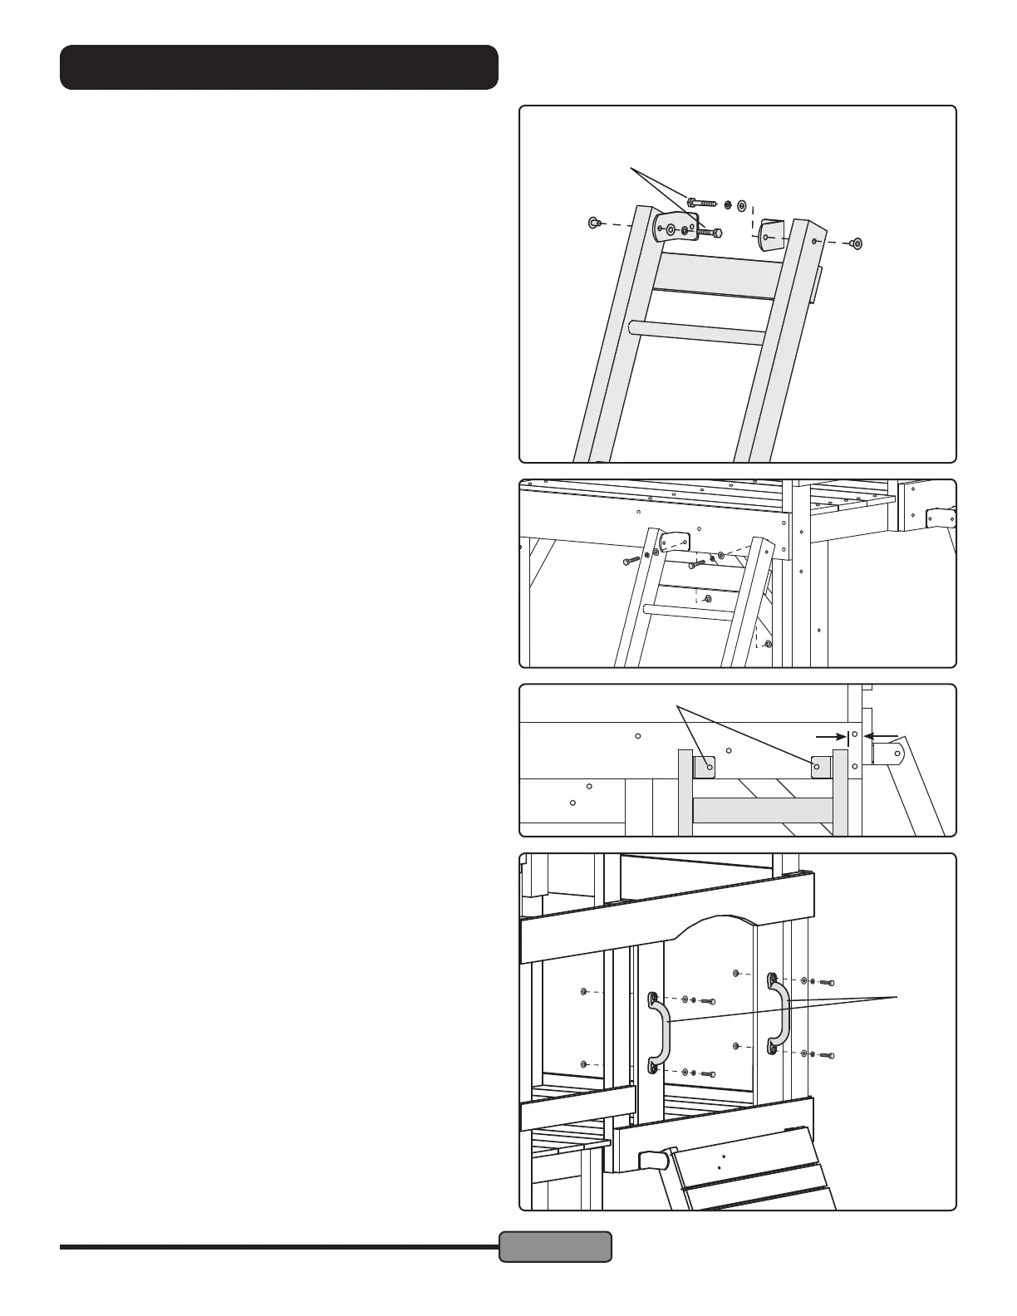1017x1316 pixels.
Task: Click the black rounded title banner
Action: tap(279, 67)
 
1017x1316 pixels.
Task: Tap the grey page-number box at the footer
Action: tap(555, 1246)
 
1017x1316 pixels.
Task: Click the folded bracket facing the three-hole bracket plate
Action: tap(772, 234)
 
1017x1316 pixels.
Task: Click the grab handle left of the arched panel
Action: tap(658, 1029)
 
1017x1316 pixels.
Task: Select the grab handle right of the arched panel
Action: tap(780, 1014)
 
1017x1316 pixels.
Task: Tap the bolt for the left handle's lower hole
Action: tap(708, 1074)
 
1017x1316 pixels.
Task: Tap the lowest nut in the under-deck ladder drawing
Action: tap(768, 643)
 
